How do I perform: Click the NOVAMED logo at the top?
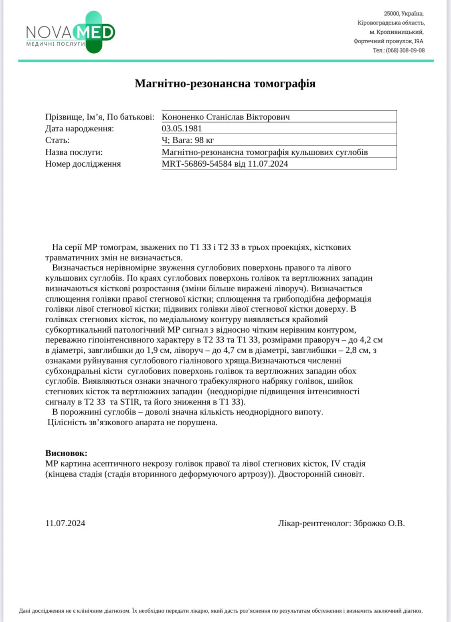(71, 32)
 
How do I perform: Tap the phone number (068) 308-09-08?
(405, 50)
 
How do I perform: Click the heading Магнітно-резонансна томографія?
(225, 83)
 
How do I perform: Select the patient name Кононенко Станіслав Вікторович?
(226, 117)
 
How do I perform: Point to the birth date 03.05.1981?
(182, 129)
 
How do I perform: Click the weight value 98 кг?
(204, 140)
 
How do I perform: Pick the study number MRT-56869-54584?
(197, 164)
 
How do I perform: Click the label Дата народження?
(79, 129)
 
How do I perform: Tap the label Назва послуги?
(74, 152)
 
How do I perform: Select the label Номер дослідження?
(83, 164)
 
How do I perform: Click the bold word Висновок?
(66, 453)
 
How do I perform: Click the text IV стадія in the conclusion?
(348, 464)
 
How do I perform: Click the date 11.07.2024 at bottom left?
(65, 523)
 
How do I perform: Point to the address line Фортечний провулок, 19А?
(388, 41)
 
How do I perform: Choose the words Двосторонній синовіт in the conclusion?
(321, 474)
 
